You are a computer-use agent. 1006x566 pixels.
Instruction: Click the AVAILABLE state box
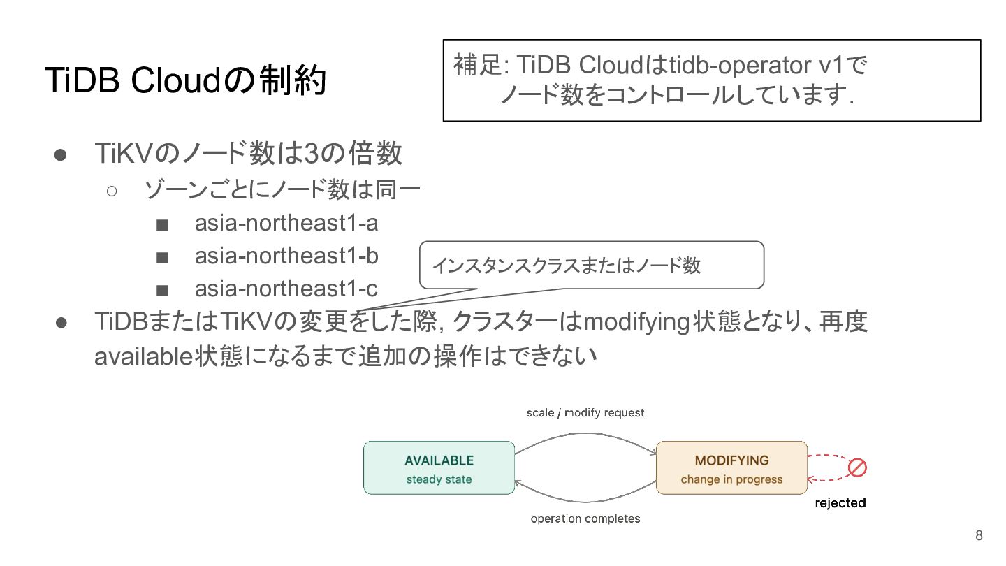click(439, 467)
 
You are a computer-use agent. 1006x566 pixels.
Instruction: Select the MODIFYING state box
click(731, 467)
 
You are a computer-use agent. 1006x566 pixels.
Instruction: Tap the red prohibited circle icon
click(857, 467)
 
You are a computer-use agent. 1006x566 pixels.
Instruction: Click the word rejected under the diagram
click(840, 502)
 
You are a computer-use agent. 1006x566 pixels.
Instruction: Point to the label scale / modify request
click(585, 413)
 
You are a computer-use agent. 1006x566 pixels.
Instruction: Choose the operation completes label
click(585, 518)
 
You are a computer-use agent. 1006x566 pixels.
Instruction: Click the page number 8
click(979, 535)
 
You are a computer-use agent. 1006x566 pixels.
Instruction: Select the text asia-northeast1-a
click(286, 223)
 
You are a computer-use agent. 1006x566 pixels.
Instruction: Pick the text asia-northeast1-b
click(286, 256)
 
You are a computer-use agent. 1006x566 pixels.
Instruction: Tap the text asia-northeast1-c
click(286, 289)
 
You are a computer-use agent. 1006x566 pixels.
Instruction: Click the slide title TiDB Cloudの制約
click(186, 80)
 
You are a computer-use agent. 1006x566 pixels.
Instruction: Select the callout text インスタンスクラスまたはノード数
click(567, 265)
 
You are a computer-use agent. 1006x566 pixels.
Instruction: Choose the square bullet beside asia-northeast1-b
click(162, 258)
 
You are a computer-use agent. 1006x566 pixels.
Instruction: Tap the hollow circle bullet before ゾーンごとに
click(112, 191)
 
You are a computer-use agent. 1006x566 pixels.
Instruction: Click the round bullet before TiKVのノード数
click(60, 155)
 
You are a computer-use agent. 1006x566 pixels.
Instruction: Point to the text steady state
click(439, 479)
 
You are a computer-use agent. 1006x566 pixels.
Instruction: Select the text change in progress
click(731, 479)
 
